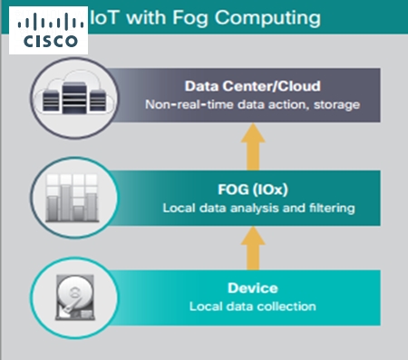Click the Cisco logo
tap(51, 30)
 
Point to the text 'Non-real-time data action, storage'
tap(253, 105)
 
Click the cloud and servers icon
tap(71, 95)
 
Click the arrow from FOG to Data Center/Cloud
tap(254, 144)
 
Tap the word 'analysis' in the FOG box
tap(248, 209)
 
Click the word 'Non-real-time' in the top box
tap(181, 105)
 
